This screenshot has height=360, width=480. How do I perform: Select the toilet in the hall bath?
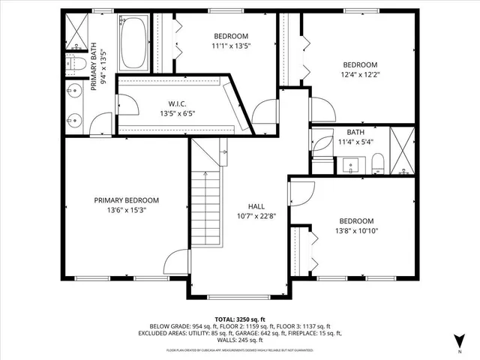click(378, 163)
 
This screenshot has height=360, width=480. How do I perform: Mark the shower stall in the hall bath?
click(403, 150)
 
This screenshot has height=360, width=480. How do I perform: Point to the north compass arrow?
click(459, 341)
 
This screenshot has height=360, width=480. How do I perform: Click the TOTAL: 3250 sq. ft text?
click(239, 319)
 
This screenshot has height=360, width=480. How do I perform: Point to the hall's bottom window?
click(238, 295)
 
